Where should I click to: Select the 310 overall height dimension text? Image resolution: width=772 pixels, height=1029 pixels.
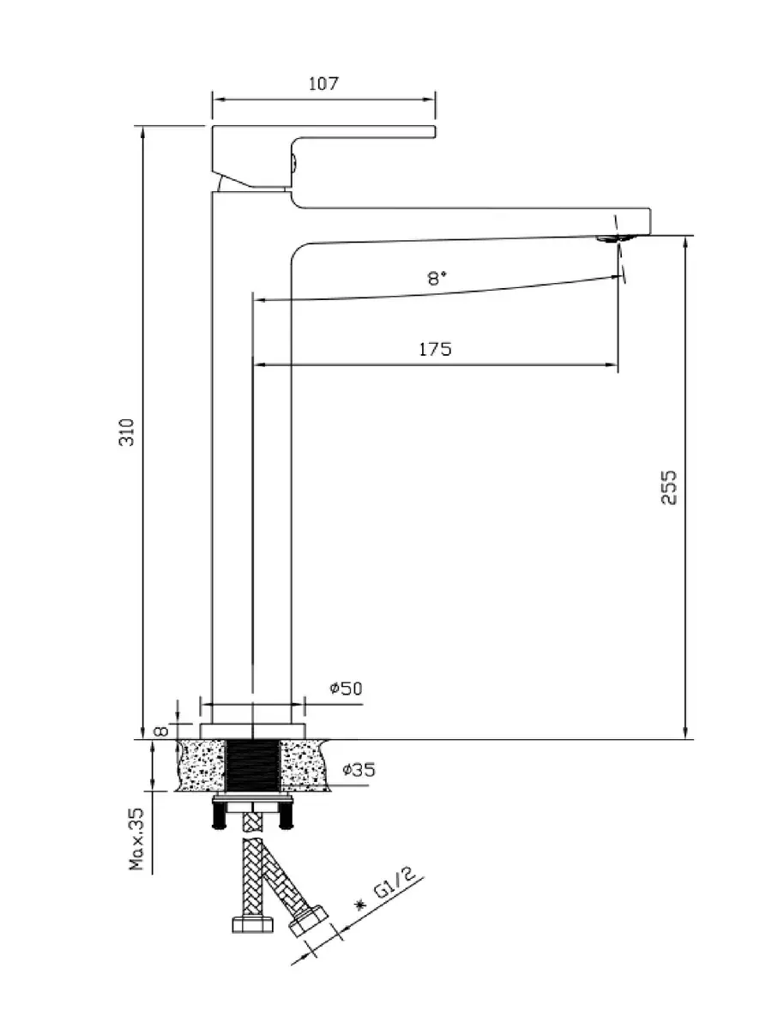pyautogui.click(x=126, y=432)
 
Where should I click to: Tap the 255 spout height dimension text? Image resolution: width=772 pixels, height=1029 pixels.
pyautogui.click(x=670, y=486)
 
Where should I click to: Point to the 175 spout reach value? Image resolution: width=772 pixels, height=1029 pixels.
pyautogui.click(x=435, y=349)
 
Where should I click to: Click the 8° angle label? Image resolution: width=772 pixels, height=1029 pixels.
pyautogui.click(x=437, y=279)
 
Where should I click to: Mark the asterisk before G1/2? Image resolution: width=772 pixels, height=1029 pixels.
pyautogui.click(x=360, y=906)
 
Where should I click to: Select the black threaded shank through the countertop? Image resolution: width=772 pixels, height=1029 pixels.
pyautogui.click(x=253, y=766)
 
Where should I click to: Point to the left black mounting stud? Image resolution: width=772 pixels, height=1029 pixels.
pyautogui.click(x=217, y=815)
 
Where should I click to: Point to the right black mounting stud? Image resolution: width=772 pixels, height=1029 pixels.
pyautogui.click(x=287, y=815)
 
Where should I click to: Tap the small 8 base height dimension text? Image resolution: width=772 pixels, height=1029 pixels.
pyautogui.click(x=159, y=731)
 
